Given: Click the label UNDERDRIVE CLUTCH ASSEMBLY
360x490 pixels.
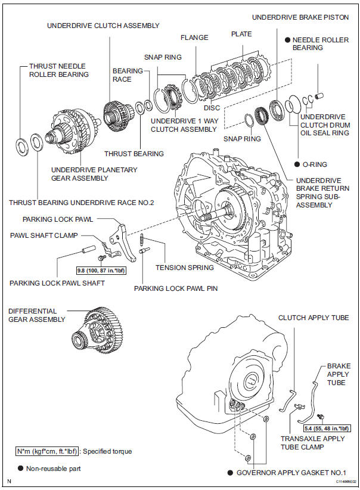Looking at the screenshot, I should point(103,26).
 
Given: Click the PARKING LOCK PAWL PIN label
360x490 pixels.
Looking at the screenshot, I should point(175,288).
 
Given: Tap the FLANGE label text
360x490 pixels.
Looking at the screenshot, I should point(195,38).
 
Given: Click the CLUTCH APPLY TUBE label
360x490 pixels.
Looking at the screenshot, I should point(314,318).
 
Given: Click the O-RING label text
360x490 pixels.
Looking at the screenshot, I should point(314,164).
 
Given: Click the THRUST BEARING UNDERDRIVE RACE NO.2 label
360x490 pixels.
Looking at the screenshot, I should point(81,203).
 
